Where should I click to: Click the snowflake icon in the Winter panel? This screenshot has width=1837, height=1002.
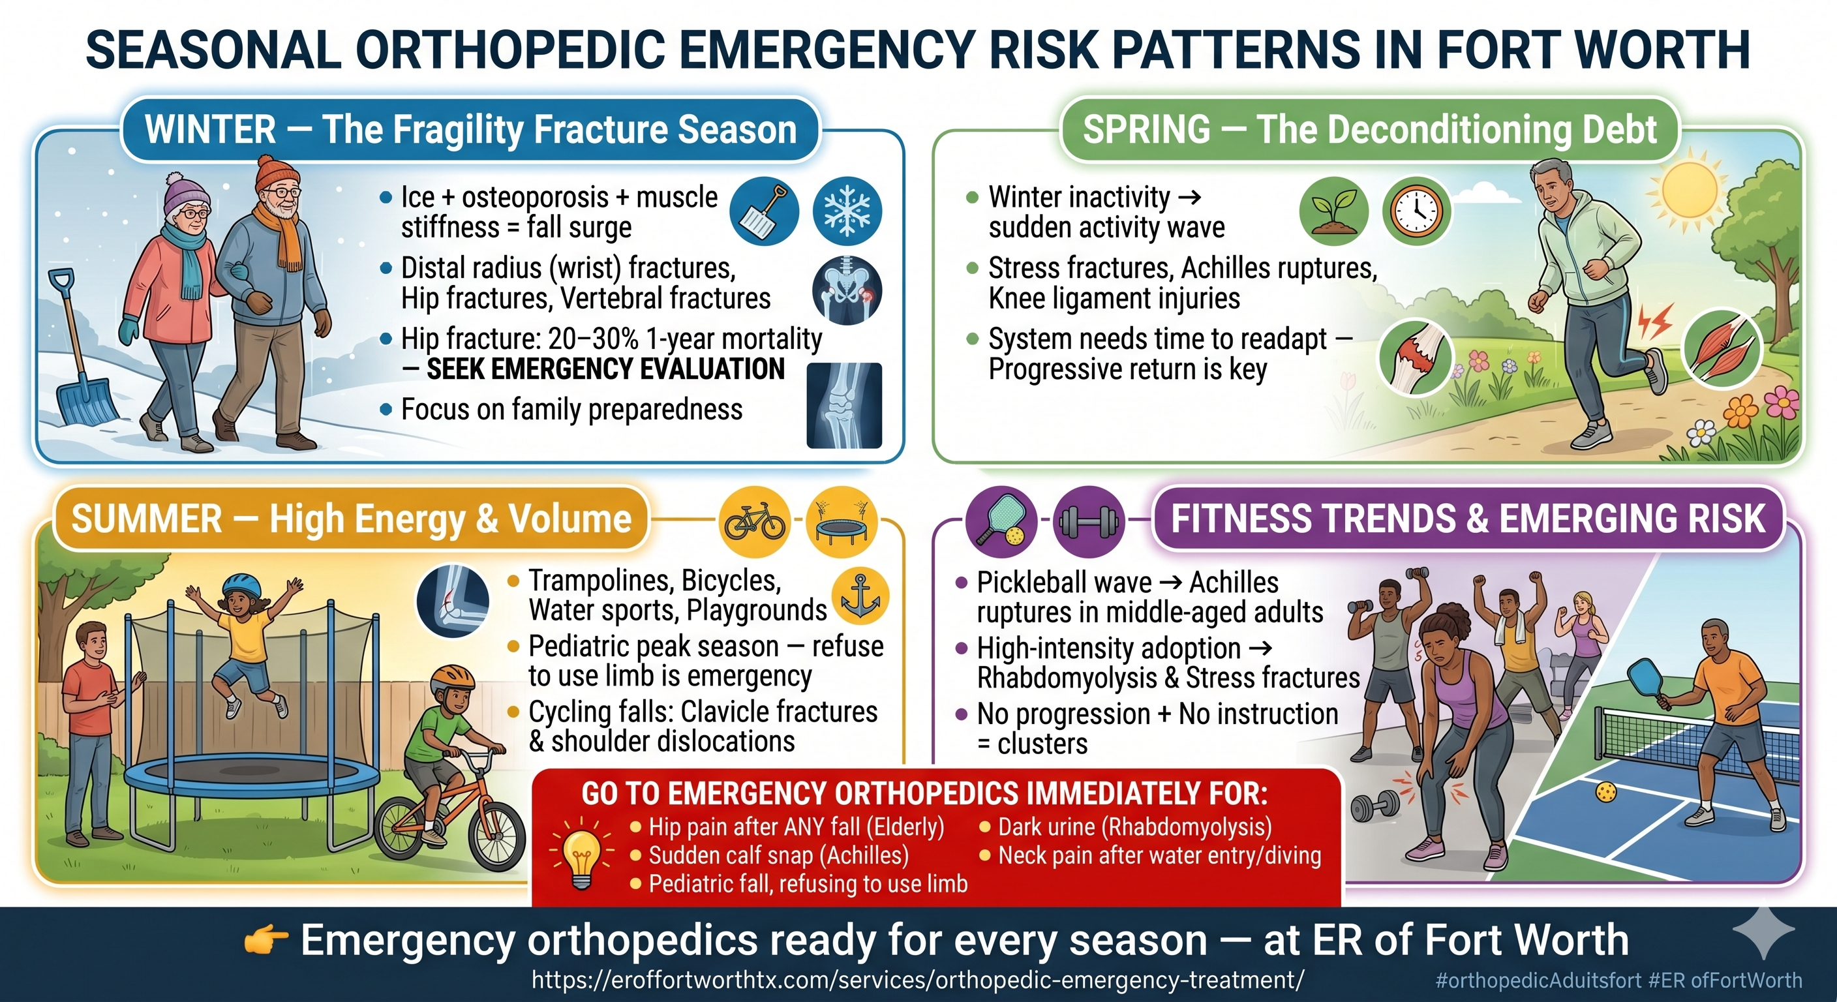click(x=847, y=212)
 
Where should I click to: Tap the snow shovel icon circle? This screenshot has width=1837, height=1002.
click(x=765, y=212)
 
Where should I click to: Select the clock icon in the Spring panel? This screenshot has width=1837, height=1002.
click(x=1416, y=212)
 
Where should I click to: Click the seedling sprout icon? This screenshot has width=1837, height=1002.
click(x=1333, y=212)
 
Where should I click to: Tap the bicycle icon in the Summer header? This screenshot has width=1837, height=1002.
click(x=755, y=521)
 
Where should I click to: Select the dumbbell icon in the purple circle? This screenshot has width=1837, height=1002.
click(x=1089, y=522)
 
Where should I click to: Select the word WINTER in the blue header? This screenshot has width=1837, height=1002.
click(x=210, y=130)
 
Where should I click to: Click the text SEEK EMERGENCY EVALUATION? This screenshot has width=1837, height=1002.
click(x=605, y=369)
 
